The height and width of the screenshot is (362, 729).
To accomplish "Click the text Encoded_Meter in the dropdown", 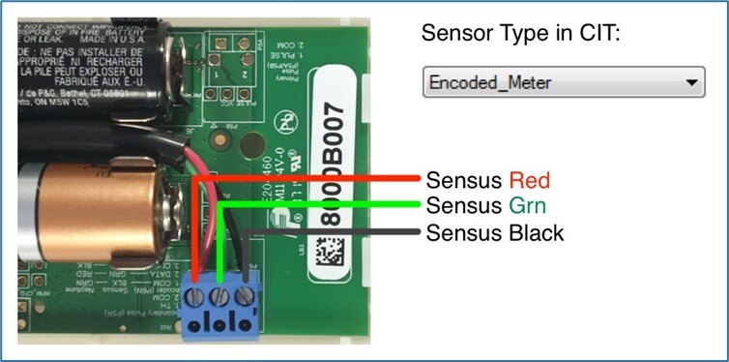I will click(x=489, y=84).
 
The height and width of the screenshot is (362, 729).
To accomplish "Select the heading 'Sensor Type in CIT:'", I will click(x=518, y=35).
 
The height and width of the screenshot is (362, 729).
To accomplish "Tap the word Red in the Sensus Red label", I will click(x=529, y=180).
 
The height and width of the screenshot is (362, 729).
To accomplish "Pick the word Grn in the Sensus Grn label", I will click(x=525, y=206).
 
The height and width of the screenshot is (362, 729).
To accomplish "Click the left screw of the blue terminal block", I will click(x=199, y=294).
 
